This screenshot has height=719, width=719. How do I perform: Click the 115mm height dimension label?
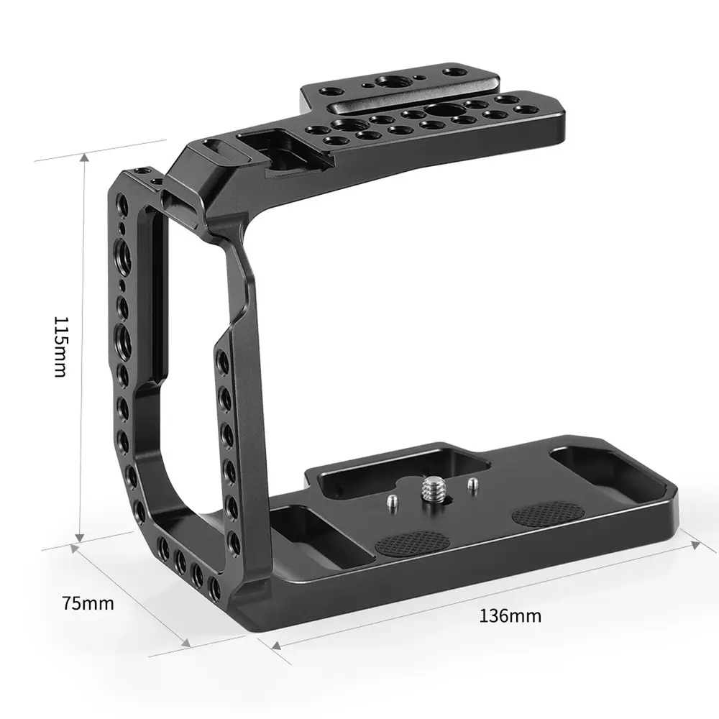point(60,347)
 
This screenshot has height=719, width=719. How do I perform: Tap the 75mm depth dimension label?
point(88,603)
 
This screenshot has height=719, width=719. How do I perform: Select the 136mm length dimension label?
point(510,615)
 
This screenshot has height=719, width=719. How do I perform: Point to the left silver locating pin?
point(392,502)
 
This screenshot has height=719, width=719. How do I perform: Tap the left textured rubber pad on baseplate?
point(412,544)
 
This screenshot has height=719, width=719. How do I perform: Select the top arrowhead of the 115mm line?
point(84,158)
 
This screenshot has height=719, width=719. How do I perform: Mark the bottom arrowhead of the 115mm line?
point(80,538)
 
